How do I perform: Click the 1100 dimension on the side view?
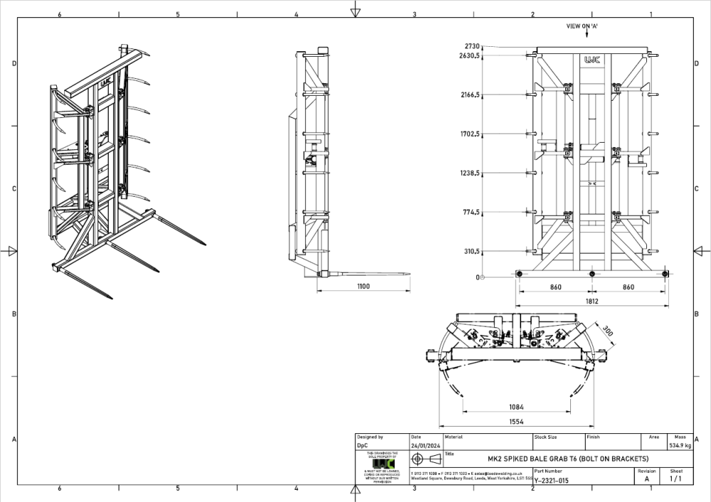point(363,286)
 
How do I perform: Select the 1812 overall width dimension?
point(592,301)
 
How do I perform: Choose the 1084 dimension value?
point(517,407)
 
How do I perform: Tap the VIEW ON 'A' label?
point(581,26)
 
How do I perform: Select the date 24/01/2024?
point(424,446)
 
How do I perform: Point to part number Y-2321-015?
point(551,480)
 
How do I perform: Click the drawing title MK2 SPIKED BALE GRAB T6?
point(567,459)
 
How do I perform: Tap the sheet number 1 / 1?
point(675,479)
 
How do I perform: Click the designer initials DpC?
point(363,446)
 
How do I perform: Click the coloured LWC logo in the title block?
point(382,463)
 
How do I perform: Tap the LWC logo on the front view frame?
point(592,61)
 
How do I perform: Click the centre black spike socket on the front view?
point(592,273)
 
